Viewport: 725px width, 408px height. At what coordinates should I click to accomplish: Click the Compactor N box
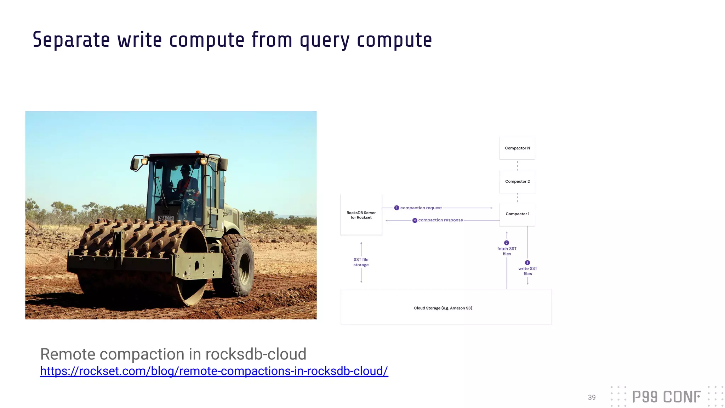pyautogui.click(x=517, y=148)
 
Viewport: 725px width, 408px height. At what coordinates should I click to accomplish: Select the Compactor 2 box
pyautogui.click(x=517, y=181)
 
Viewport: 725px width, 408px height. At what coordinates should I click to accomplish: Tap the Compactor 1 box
pyautogui.click(x=517, y=214)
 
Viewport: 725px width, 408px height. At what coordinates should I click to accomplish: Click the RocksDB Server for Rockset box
pyautogui.click(x=361, y=215)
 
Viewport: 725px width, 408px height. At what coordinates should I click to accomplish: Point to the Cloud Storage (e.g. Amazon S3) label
pyautogui.click(x=443, y=308)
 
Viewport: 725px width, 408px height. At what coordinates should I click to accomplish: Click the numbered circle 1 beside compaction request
pyautogui.click(x=396, y=208)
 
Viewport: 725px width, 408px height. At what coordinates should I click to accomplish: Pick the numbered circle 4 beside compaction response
pyautogui.click(x=415, y=220)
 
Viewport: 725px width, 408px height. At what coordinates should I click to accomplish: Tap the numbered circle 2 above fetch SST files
pyautogui.click(x=507, y=243)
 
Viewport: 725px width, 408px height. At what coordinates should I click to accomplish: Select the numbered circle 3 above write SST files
pyautogui.click(x=527, y=263)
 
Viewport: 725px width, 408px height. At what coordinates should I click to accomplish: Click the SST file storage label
pyautogui.click(x=361, y=262)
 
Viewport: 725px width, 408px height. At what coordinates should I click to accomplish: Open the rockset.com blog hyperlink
pyautogui.click(x=214, y=371)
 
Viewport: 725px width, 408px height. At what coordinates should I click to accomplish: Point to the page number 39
pyautogui.click(x=592, y=397)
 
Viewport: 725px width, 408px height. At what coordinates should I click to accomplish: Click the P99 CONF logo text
pyautogui.click(x=666, y=397)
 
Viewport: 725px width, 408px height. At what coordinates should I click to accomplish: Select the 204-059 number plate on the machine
pyautogui.click(x=165, y=218)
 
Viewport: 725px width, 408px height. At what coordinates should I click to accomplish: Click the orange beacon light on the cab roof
pyautogui.click(x=198, y=152)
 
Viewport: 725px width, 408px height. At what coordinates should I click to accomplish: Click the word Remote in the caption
pyautogui.click(x=67, y=354)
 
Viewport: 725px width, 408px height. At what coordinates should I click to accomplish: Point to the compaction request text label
pyautogui.click(x=421, y=208)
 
